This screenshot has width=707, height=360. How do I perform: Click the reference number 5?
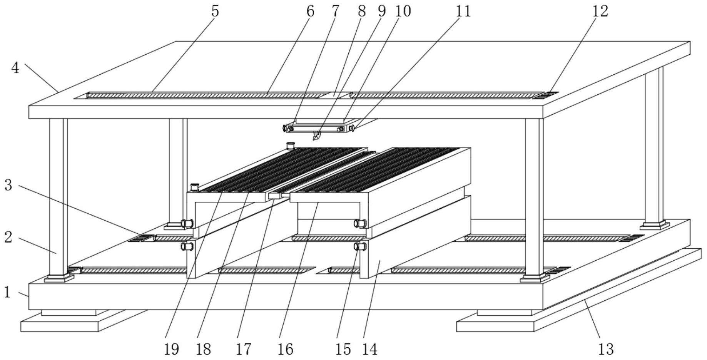(215, 11)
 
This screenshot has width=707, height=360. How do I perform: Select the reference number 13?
(605, 349)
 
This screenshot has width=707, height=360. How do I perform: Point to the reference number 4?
(15, 68)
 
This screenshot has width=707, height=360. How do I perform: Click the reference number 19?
(171, 349)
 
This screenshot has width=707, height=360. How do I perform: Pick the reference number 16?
(285, 349)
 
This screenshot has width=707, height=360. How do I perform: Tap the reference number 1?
(7, 292)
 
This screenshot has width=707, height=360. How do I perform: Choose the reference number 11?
(463, 11)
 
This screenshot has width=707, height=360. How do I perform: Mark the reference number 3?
(8, 185)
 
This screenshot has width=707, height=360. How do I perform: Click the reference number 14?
(369, 349)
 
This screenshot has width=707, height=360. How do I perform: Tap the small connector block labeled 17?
(275, 196)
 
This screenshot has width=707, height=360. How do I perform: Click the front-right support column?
(534, 196)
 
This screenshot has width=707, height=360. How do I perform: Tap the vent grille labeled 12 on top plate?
(545, 95)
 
